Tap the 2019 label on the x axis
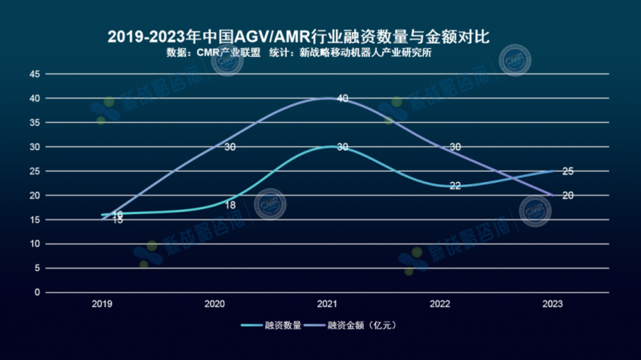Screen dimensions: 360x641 click(x=102, y=305)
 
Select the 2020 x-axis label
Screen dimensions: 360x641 click(x=215, y=305)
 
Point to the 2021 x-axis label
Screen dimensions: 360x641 click(x=327, y=305)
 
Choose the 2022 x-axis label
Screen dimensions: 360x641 click(x=440, y=305)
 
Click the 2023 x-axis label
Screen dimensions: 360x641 click(x=552, y=305)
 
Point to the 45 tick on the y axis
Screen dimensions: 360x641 click(x=34, y=74)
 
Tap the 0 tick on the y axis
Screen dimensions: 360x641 click(x=36, y=293)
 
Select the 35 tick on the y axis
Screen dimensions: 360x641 click(x=34, y=123)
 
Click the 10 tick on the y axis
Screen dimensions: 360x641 click(x=34, y=244)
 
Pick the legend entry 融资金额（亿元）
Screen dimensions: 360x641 click(x=361, y=326)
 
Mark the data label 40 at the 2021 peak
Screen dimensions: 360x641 click(x=343, y=99)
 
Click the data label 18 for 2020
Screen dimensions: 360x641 click(x=230, y=205)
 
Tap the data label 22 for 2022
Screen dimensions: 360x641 click(x=455, y=186)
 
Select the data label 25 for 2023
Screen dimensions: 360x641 click(x=568, y=172)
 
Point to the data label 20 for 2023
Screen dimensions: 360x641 click(x=568, y=196)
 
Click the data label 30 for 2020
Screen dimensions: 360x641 click(x=230, y=148)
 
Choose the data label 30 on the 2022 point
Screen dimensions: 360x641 click(x=455, y=148)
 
